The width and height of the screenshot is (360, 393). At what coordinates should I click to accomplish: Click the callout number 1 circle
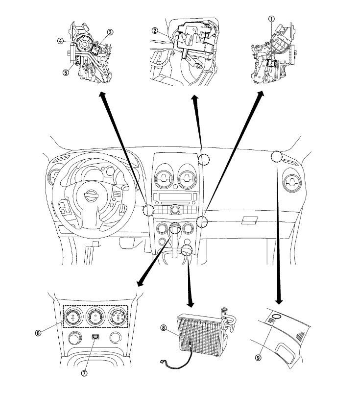pos(271,18)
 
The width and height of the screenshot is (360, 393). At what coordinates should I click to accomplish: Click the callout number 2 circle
pos(154,30)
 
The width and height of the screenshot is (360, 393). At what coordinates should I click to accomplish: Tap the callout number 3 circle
pos(110,32)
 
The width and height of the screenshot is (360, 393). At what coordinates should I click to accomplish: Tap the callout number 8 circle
pos(163,327)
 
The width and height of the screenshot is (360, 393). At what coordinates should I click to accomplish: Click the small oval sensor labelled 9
pos(276,317)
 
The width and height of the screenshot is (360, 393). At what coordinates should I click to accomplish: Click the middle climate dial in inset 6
pos(94,318)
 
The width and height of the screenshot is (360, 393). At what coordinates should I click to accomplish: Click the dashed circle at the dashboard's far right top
pos(277,157)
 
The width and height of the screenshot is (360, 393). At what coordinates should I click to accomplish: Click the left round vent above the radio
pos(164,179)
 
